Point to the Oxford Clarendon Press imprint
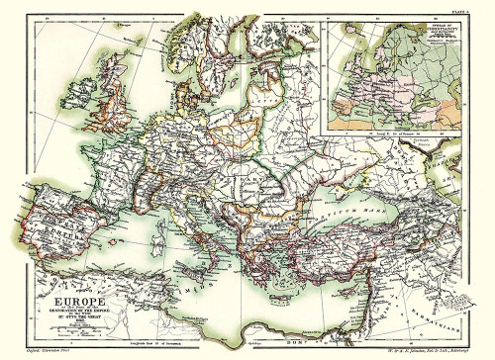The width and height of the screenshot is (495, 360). point(38,353)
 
